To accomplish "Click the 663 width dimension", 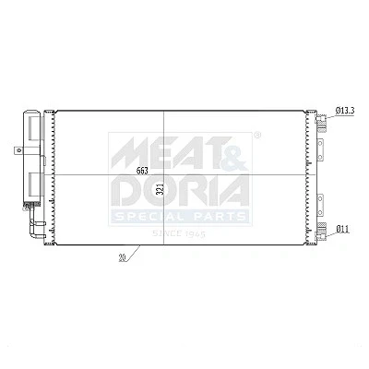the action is coord(142,171).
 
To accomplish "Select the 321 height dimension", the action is coord(159,189).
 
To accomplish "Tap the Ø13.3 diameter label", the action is coord(345,111).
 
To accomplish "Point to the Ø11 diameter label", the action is coord(343,229).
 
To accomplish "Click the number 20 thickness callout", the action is coord(123,258).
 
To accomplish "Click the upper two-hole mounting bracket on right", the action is coord(320,149).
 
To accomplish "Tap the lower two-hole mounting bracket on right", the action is coord(320,205).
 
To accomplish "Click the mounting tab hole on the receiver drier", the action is coord(19,150).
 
